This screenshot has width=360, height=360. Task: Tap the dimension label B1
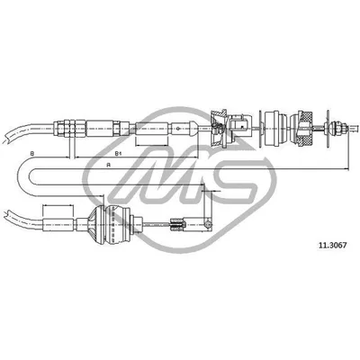[118, 154]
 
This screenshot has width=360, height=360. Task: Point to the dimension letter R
[109, 165]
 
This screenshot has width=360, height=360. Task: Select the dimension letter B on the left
[32, 154]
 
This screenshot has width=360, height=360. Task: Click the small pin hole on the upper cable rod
[178, 129]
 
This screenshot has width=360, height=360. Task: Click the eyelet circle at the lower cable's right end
[207, 224]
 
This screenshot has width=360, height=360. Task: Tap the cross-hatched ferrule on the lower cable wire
[176, 224]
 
